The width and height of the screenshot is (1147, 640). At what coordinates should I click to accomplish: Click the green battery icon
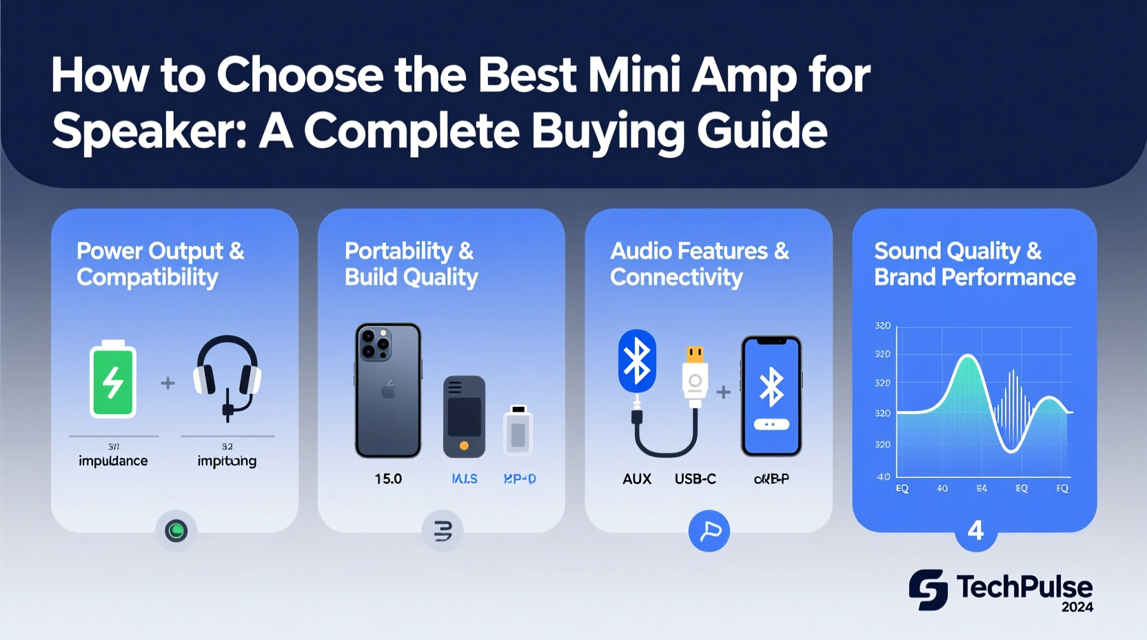pos(113,380)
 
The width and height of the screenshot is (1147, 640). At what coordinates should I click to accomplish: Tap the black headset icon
pos(227,376)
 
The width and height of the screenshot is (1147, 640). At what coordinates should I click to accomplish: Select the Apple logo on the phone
pos(389,392)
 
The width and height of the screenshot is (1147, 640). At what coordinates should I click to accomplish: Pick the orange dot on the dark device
pos(464,446)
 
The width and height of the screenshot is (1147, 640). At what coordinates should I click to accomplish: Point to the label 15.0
pos(388,479)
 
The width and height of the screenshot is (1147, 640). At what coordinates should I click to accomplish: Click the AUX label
pos(637,479)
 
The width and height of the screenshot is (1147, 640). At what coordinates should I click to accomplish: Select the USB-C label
pos(695,479)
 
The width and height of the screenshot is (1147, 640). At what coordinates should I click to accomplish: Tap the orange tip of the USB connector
pos(695,354)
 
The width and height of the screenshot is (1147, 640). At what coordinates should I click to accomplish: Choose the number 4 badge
pos(975,530)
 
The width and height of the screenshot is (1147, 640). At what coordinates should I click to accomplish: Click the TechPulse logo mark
pos(928,590)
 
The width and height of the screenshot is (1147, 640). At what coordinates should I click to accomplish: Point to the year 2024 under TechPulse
pos(1077,608)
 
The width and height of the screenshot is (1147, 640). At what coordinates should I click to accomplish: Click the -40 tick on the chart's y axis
pos(883,477)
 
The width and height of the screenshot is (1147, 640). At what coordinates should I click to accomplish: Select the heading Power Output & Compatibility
pos(160,263)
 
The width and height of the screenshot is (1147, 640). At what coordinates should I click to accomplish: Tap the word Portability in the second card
pos(398,250)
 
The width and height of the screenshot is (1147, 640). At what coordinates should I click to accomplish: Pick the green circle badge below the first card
pos(176,530)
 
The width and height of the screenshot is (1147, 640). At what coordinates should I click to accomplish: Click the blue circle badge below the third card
pos(709,530)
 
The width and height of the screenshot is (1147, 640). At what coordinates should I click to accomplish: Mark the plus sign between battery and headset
pos(168,383)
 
